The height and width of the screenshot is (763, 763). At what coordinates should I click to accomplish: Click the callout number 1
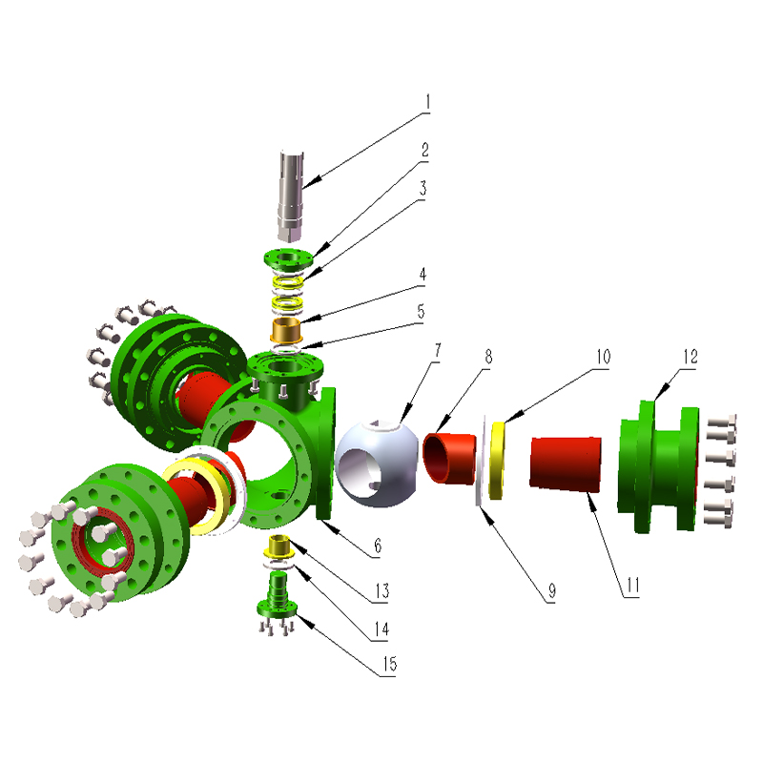click(427, 103)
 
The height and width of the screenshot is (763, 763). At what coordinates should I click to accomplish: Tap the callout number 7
click(438, 351)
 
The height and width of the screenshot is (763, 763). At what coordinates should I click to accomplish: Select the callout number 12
click(691, 357)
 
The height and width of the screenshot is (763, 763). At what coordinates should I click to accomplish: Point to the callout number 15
click(390, 664)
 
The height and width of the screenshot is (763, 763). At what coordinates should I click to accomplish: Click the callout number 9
click(552, 590)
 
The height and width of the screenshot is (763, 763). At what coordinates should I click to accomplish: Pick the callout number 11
click(632, 586)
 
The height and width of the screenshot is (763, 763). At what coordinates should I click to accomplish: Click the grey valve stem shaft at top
click(291, 196)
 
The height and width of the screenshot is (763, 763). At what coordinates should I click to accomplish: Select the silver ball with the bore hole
click(377, 464)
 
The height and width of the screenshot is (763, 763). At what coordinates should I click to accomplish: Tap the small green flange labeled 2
click(289, 259)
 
